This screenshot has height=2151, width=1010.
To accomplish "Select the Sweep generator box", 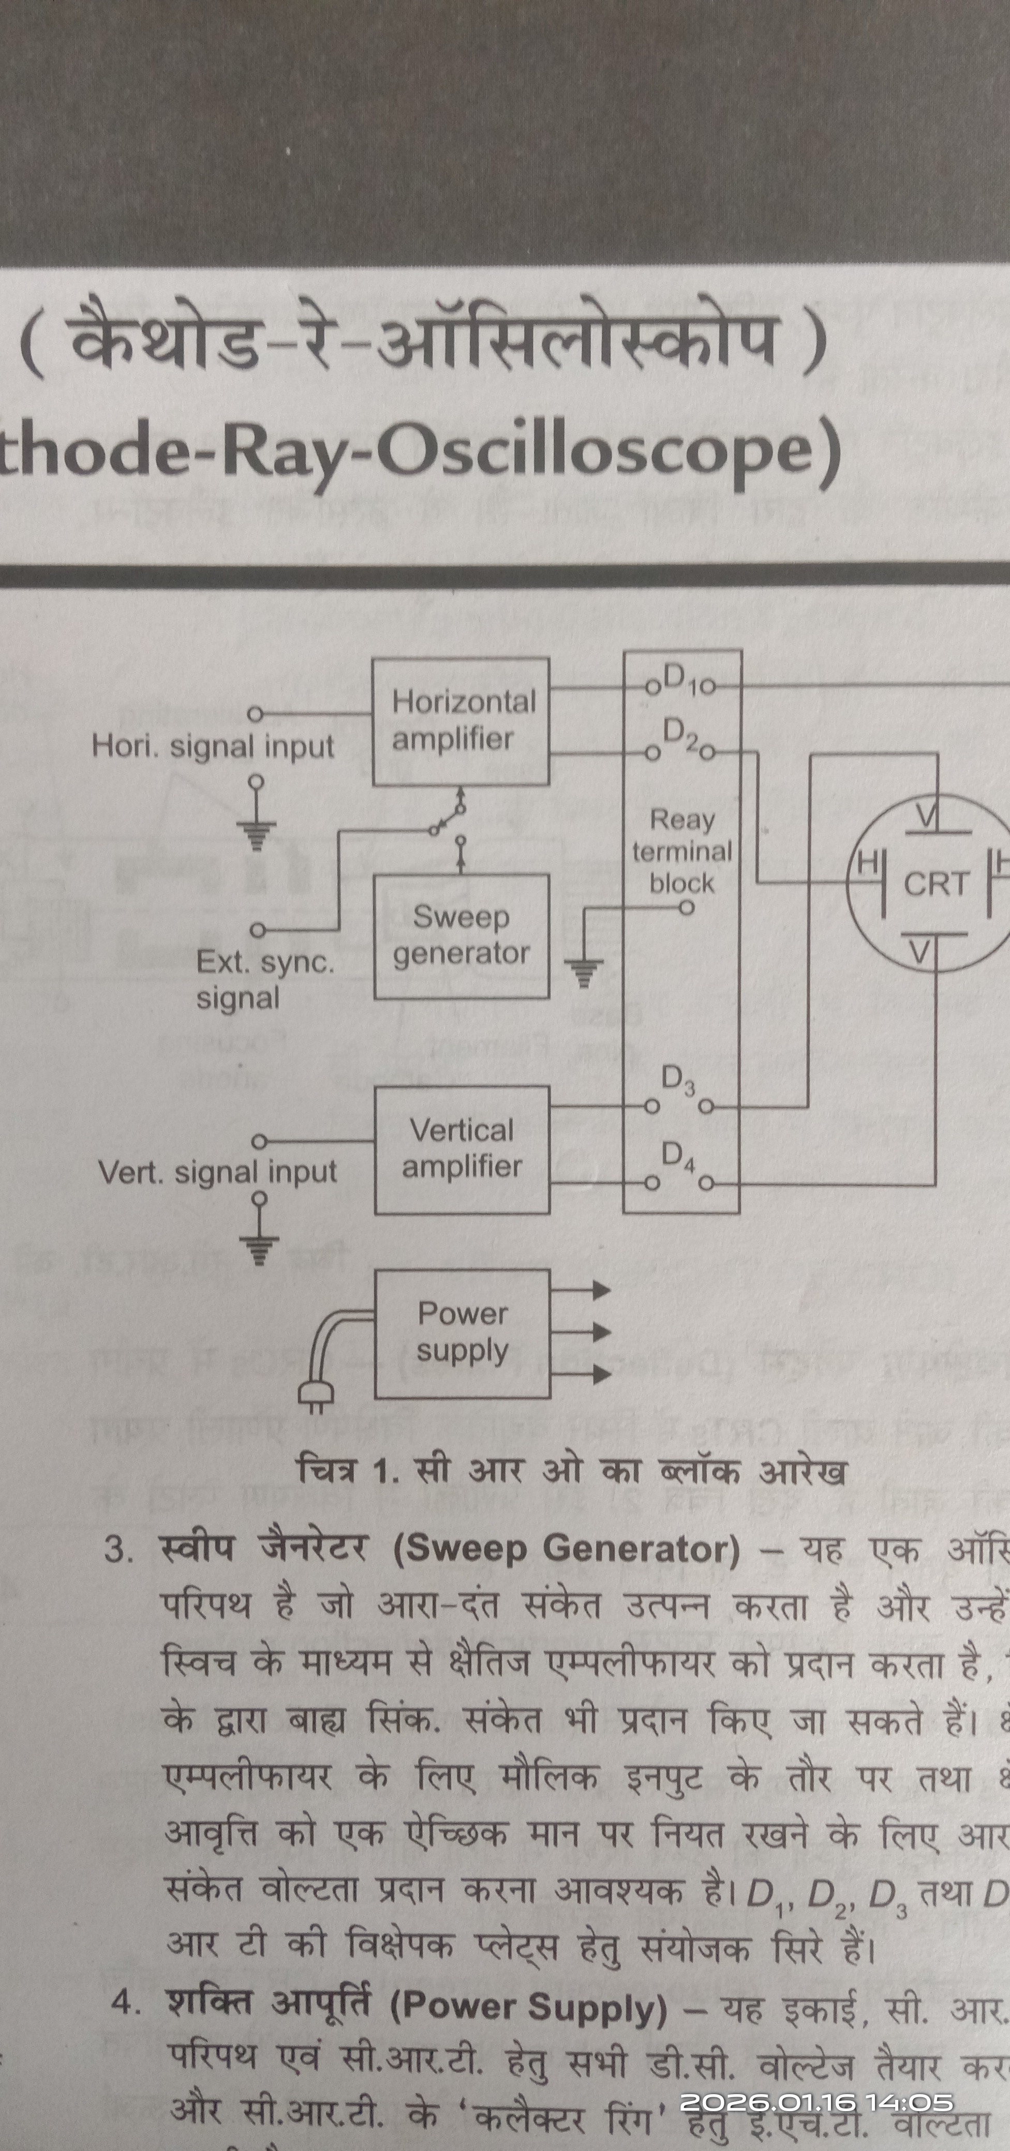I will coord(461,936).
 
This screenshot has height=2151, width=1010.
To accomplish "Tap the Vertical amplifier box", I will coord(461,1149).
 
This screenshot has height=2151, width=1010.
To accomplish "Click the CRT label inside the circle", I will coord(935,884).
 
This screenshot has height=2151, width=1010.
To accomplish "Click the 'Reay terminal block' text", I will coord(681,851).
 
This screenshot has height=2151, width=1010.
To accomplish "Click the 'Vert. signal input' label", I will coord(217,1172).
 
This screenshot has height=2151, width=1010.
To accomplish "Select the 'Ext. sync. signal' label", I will coord(264,979).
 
